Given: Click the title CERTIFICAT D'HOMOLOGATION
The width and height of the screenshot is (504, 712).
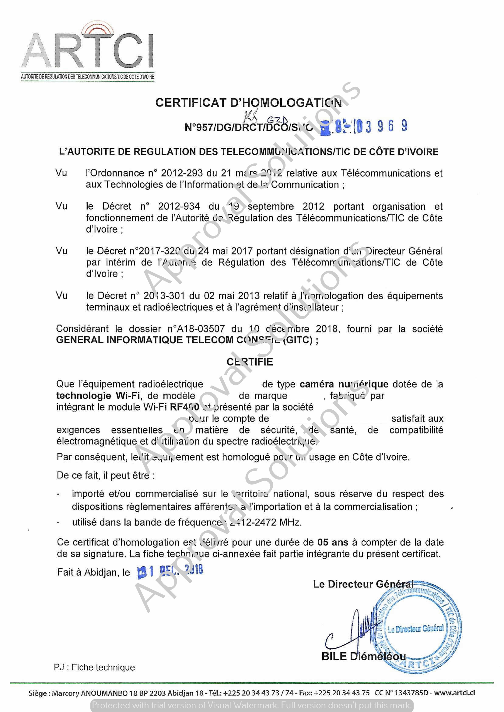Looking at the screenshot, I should click(x=248, y=103).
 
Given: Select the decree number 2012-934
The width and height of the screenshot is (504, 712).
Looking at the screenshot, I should click(x=179, y=206).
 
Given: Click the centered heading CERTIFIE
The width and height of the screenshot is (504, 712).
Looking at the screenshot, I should click(x=250, y=362).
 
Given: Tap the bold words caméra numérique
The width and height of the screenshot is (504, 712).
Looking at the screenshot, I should click(x=344, y=384).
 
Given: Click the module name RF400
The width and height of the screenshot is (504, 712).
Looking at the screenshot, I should click(x=184, y=407).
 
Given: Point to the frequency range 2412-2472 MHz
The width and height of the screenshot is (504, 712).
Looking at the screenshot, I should click(x=264, y=522).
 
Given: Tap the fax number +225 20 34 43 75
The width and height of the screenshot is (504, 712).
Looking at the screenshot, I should click(x=341, y=693).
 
